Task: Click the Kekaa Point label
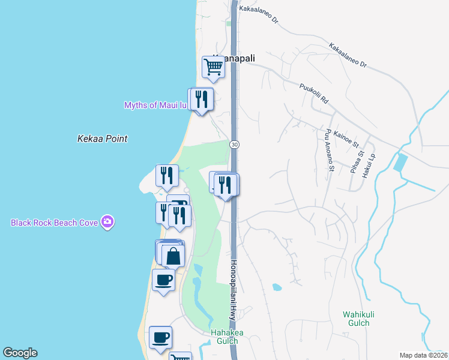[102, 139]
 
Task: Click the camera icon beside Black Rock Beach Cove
[107, 222]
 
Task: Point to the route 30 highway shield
[234, 145]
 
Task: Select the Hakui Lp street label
[372, 164]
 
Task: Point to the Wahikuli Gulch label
[359, 319]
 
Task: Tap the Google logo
[20, 353]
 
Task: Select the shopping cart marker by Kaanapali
[213, 67]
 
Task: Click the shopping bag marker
[173, 256]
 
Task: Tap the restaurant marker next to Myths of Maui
[202, 99]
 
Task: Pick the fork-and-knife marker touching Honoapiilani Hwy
[226, 185]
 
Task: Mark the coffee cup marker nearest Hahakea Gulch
[160, 337]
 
